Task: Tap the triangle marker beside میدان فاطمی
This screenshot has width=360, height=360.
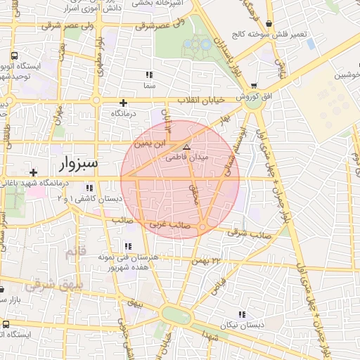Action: click(x=186, y=147)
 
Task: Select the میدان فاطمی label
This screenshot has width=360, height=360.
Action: click(x=186, y=157)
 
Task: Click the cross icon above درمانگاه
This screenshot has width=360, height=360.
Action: click(x=123, y=103)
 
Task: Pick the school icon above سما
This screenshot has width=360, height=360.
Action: click(x=148, y=75)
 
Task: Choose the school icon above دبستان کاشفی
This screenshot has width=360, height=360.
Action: click(x=89, y=188)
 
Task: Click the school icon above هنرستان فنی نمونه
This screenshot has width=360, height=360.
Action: click(x=127, y=246)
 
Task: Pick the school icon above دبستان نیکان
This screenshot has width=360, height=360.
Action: click(x=243, y=314)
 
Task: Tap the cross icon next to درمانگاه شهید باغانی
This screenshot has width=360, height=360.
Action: click(x=33, y=172)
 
